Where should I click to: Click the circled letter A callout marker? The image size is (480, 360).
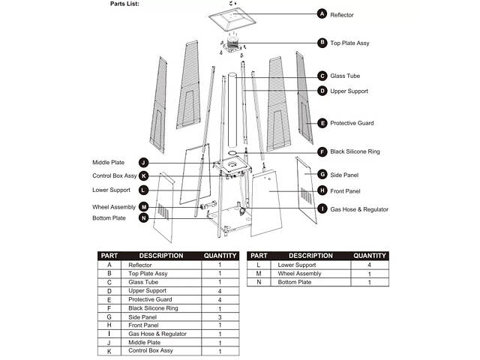tap(322, 14)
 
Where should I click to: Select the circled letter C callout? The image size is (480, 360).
tap(322, 76)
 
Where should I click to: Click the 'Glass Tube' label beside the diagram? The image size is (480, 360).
tap(345, 76)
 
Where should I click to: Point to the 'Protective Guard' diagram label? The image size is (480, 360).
tap(352, 123)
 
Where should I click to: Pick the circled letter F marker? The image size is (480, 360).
tap(322, 151)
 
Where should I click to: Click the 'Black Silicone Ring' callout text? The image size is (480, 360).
tap(355, 152)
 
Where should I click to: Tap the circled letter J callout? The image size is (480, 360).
tap(143, 162)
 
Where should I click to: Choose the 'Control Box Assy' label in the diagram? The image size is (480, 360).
tap(114, 176)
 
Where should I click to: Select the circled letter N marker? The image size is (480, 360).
tap(143, 218)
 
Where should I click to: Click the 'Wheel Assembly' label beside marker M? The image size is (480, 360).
tap(114, 206)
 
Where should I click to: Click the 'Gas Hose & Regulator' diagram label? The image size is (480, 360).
tap(359, 209)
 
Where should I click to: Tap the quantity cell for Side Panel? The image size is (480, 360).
tap(220, 316)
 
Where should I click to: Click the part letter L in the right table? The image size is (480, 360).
tap(258, 265)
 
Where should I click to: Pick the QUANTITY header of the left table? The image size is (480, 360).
tap(220, 256)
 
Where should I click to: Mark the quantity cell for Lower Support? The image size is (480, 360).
tap(369, 265)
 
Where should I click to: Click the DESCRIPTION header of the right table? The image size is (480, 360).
tap(310, 256)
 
